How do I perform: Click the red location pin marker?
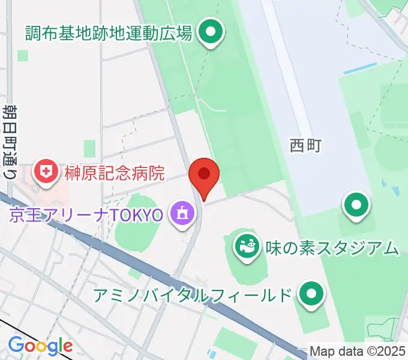click(x=204, y=175)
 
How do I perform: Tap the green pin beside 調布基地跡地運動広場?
click(x=211, y=32)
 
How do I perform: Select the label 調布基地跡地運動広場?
click(x=109, y=32)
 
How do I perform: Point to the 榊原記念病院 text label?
click(x=113, y=174)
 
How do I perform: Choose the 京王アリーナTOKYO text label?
click(x=86, y=214)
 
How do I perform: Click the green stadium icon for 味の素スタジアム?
click(x=245, y=245)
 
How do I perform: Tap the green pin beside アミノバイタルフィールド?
click(x=311, y=294)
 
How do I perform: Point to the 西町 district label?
click(x=306, y=145)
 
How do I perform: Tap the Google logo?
click(x=40, y=346)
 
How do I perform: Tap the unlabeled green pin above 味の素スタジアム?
click(x=356, y=205)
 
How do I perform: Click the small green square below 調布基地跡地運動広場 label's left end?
click(x=23, y=55)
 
